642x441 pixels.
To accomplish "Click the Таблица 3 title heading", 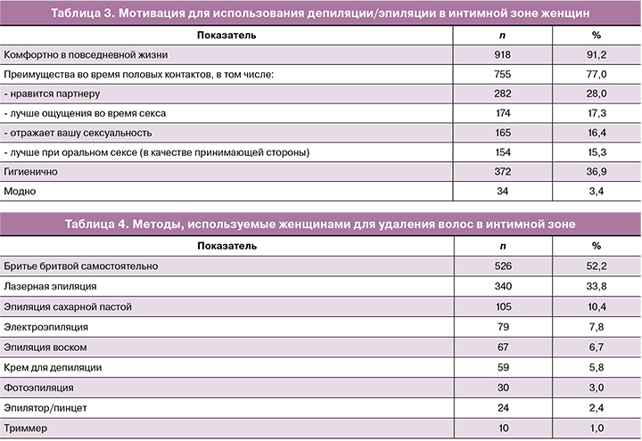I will (x=320, y=13).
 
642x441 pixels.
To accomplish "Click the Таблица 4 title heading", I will (x=320, y=224).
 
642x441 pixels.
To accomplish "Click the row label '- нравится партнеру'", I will (x=50, y=94).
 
